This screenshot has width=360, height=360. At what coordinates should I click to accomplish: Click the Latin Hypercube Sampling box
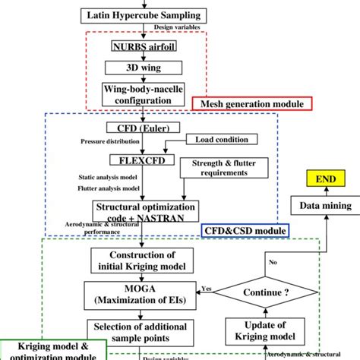[x=142, y=15]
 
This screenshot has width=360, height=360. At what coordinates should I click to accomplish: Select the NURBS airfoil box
[x=142, y=45]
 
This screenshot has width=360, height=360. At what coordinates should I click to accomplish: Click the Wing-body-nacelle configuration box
[x=142, y=93]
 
